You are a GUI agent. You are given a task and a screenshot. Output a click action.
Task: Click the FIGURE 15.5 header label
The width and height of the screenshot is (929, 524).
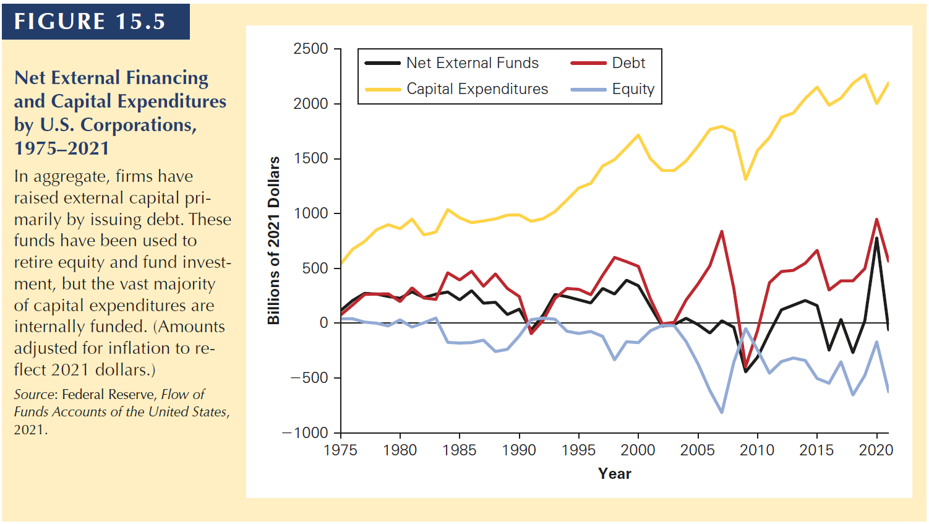coord(90,22)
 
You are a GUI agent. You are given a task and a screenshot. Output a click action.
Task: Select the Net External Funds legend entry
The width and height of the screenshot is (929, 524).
coord(472,63)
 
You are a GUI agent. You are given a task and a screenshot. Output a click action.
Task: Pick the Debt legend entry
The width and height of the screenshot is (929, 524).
coord(628,63)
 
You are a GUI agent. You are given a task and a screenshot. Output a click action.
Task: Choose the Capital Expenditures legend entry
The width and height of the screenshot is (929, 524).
coord(477,89)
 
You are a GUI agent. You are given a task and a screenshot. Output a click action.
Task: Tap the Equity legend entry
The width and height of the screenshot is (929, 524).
coord(633,89)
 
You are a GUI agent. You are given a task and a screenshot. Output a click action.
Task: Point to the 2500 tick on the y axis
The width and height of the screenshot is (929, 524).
coord(311,49)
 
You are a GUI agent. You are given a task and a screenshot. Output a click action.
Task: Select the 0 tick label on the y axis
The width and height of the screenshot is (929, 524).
coord(323,323)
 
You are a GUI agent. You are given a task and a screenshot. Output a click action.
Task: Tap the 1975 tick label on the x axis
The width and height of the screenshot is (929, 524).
coord(341,450)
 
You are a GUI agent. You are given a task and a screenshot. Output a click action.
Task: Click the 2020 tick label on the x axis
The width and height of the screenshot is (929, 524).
coord(876,450)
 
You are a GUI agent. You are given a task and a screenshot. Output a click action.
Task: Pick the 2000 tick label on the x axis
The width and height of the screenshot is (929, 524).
coord(638,450)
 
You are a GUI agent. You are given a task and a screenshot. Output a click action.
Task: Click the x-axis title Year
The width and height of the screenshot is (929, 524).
coord(614,474)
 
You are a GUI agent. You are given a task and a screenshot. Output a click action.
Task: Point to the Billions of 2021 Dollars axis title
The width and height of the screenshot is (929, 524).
coord(273,240)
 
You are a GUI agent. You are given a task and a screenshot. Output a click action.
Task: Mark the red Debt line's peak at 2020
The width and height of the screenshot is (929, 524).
coord(876,219)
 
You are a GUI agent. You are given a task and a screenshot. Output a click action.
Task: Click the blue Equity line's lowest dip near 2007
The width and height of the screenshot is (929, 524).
coord(722,412)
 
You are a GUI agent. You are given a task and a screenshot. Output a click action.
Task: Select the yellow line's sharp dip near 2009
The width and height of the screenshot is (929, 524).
coord(745,179)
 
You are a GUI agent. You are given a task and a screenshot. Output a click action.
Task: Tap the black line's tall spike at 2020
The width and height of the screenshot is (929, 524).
coord(876,238)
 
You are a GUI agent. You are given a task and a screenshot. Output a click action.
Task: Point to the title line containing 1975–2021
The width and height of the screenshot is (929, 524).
coord(62,148)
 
